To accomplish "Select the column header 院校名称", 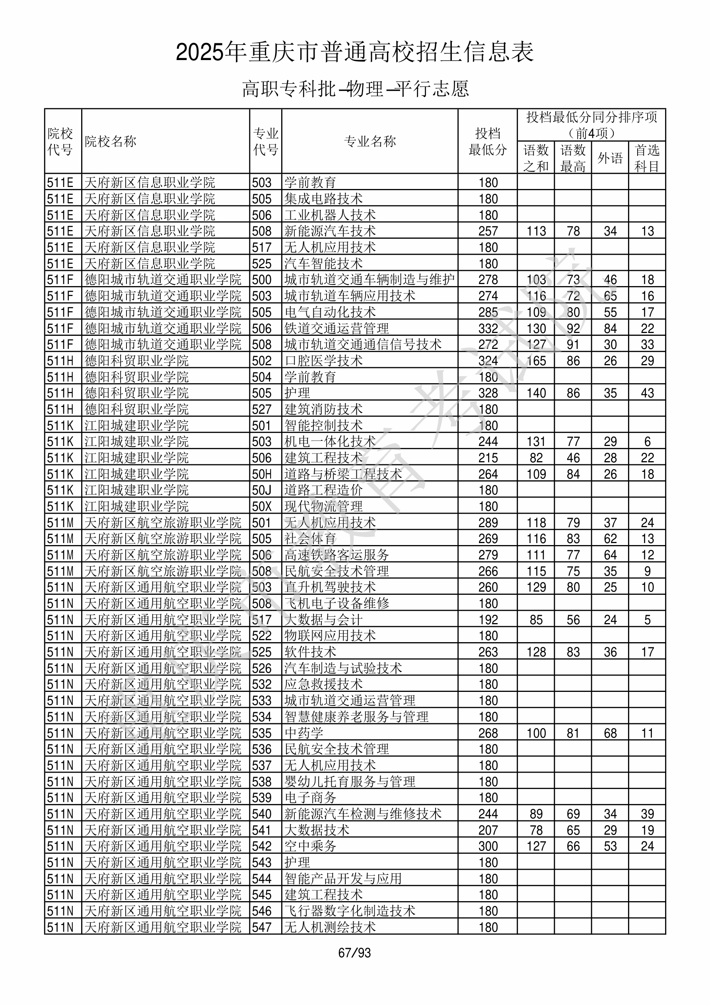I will (111, 141).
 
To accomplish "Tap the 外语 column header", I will (610, 158).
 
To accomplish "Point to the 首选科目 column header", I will (647, 158).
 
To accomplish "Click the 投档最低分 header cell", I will (488, 141).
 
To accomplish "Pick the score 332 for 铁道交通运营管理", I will (488, 328).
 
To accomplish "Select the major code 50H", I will (262, 474).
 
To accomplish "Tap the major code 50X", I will (262, 506).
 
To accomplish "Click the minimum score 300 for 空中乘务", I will (488, 846).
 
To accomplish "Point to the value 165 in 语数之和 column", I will (536, 361).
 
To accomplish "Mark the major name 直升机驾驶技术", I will (330, 587).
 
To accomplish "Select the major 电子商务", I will (310, 798).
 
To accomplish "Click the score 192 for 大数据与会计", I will (488, 620).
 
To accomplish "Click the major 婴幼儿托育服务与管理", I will (350, 781).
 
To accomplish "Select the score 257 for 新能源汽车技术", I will (488, 231).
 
